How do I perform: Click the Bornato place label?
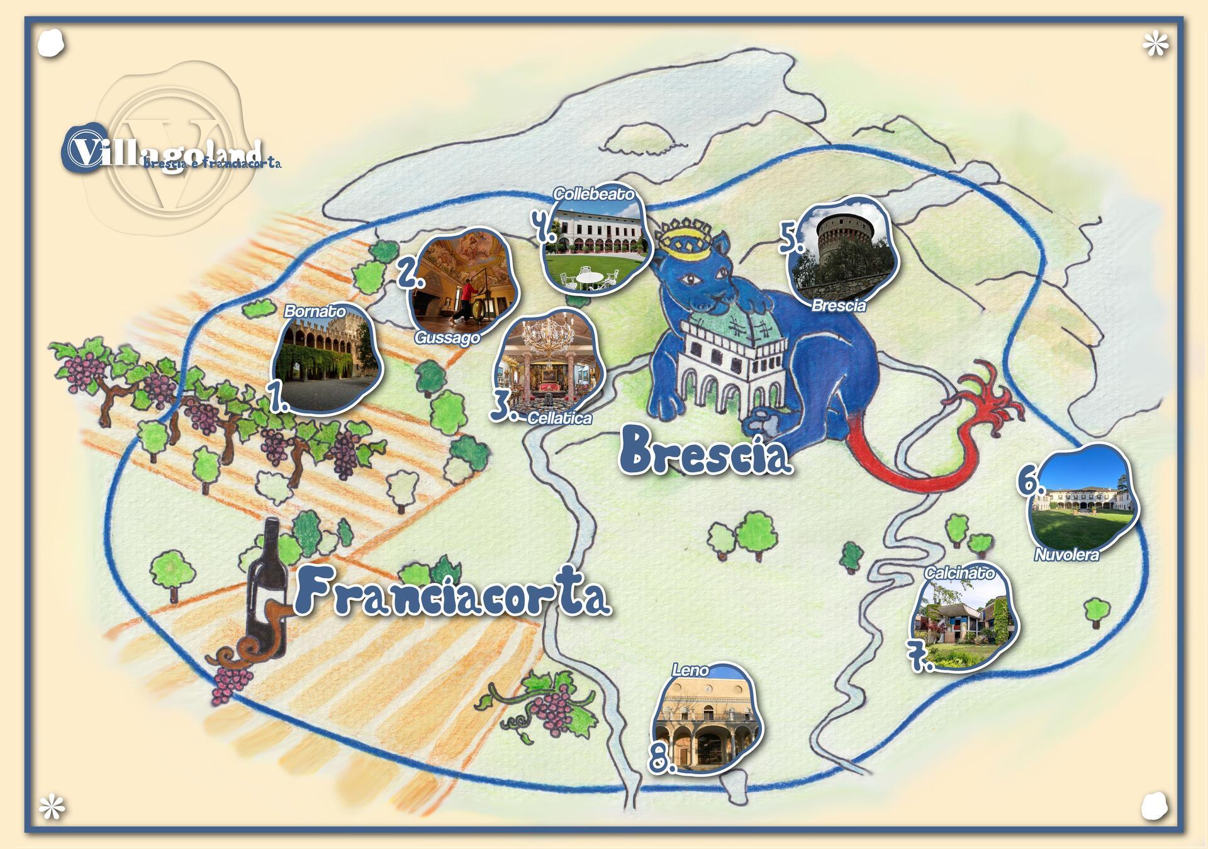(315, 311)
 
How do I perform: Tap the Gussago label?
(447, 338)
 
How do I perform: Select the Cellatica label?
(559, 418)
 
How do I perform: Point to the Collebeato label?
(593, 194)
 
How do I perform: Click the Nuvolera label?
(1066, 555)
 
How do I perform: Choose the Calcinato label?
(959, 573)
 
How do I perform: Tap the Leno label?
(690, 670)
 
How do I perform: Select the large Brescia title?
(705, 451)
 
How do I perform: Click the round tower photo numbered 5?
(843, 252)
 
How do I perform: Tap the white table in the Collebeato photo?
(590, 277)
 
